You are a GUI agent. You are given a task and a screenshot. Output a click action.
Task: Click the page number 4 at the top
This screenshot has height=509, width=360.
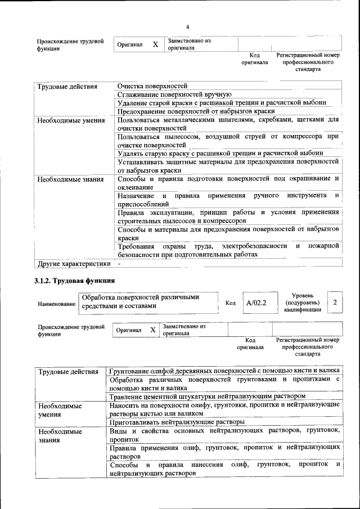[x=187, y=28]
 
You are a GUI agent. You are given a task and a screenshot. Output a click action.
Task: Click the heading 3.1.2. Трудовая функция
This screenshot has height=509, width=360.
[x=75, y=280]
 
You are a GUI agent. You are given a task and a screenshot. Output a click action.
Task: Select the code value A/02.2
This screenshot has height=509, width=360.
[x=255, y=303]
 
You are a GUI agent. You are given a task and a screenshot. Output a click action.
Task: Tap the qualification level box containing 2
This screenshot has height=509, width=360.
[x=335, y=303]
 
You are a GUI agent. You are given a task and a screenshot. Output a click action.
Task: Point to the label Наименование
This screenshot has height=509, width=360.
[x=56, y=304]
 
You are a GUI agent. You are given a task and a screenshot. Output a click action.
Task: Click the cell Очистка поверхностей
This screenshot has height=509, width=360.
[x=152, y=86]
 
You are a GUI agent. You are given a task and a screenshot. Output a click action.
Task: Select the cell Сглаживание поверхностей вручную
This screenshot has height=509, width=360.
[x=174, y=94]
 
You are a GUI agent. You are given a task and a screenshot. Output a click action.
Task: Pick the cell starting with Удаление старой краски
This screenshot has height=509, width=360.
[x=221, y=103]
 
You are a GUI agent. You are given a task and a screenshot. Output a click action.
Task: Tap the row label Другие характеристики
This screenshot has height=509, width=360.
[x=73, y=263]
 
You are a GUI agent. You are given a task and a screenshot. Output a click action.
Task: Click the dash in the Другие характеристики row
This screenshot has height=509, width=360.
[x=119, y=263]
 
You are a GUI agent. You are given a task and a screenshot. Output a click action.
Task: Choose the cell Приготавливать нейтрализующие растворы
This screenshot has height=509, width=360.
[x=177, y=421]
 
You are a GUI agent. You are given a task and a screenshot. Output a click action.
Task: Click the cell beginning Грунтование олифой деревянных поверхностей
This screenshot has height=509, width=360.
[x=224, y=371]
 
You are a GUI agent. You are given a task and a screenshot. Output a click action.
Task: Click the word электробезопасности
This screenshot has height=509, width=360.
[x=255, y=246]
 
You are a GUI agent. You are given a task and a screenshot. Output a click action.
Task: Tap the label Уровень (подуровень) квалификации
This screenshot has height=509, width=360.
[x=303, y=303]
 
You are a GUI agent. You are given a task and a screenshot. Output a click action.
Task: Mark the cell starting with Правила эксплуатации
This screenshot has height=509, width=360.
[x=228, y=217]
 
